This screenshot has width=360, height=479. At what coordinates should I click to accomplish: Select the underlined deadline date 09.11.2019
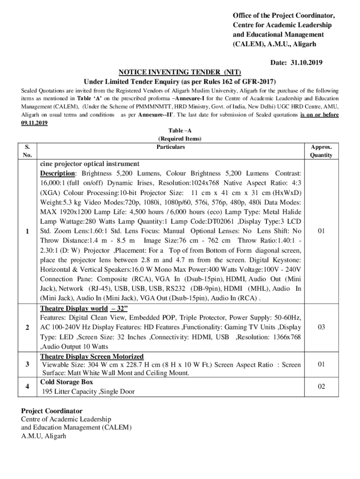[x=34, y=123]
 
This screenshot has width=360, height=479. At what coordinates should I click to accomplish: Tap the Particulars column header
[x=171, y=147]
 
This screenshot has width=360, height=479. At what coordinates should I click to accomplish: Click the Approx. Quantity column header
[x=321, y=151]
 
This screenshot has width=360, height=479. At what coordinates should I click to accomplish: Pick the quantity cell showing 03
[x=321, y=327]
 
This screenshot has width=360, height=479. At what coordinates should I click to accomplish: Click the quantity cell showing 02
[x=321, y=386]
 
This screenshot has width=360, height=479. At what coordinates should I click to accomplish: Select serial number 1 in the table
[x=29, y=231]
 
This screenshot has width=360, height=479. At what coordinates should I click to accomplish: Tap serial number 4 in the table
[x=29, y=386]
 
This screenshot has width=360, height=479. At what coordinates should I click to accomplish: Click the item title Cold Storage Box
[x=66, y=382]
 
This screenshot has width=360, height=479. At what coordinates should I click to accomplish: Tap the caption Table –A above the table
[x=180, y=131]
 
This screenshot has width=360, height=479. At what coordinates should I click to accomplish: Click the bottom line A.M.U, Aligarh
[x=43, y=436]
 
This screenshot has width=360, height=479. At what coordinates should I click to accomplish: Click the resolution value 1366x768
[x=284, y=337]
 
